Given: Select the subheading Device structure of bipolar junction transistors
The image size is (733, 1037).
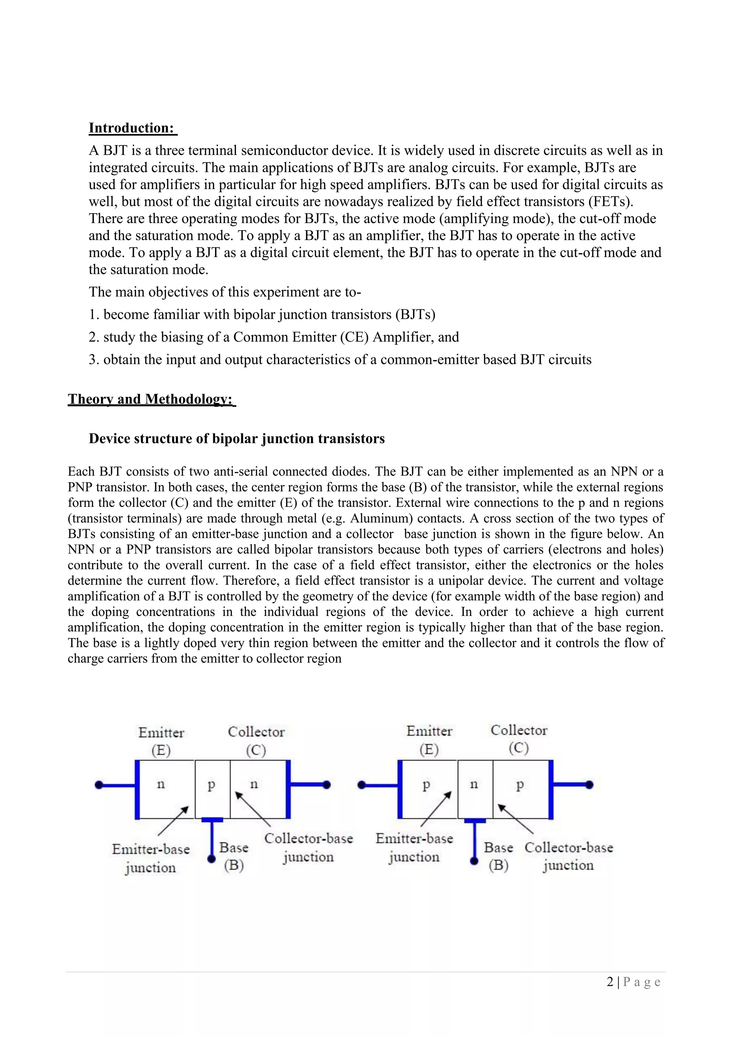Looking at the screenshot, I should pyautogui.click(x=237, y=439).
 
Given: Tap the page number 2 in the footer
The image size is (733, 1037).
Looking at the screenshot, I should pyautogui.click(x=610, y=982).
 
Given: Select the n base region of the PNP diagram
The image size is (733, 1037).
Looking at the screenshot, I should pyautogui.click(x=474, y=785).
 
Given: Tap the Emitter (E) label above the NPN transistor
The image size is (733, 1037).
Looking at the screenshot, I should pyautogui.click(x=161, y=741).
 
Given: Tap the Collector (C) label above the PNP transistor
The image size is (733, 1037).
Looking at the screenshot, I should pyautogui.click(x=519, y=739).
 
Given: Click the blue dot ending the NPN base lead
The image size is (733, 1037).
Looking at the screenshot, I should pyautogui.click(x=211, y=859).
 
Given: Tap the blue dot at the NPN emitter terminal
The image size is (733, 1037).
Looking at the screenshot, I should pyautogui.click(x=99, y=785).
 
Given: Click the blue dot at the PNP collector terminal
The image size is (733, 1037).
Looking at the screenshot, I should pyautogui.click(x=589, y=785).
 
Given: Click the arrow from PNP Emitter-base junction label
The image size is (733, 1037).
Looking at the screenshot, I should pyautogui.click(x=436, y=809).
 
